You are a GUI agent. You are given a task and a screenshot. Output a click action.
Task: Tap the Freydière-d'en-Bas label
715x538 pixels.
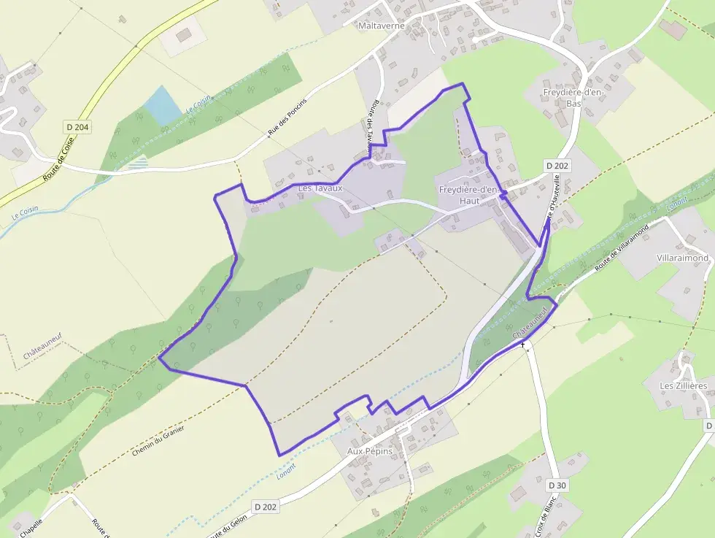[573, 98]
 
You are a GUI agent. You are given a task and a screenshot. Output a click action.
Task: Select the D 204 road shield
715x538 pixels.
[77, 127]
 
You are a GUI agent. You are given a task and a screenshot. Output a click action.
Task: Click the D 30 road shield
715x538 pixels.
[557, 485]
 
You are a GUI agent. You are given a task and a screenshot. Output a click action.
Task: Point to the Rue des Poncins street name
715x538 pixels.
[287, 116]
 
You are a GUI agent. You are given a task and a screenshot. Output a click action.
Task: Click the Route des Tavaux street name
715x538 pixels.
[376, 128]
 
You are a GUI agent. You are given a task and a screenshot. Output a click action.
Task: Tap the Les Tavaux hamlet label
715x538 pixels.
[320, 188]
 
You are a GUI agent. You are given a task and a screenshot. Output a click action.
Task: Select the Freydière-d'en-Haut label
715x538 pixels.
[470, 195]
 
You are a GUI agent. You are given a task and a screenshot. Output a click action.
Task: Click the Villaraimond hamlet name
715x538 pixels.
[682, 258]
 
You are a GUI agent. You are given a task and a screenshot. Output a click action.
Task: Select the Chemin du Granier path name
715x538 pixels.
[158, 440]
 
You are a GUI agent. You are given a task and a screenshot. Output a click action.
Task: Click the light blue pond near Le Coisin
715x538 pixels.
[162, 105]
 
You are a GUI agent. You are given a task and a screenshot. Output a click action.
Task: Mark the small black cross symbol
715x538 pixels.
[523, 344]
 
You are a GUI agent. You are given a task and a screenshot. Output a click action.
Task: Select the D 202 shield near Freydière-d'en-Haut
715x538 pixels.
[557, 166]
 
